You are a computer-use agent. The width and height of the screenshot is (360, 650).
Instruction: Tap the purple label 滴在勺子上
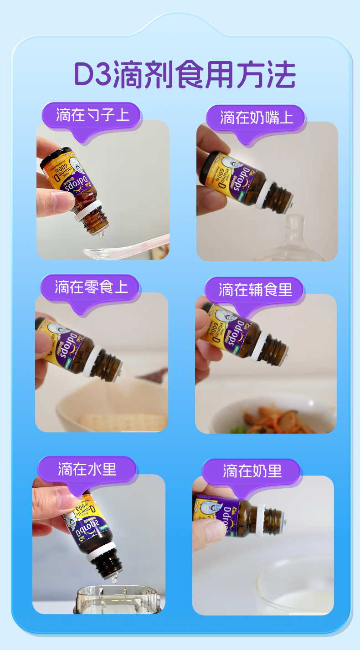(x=93, y=115)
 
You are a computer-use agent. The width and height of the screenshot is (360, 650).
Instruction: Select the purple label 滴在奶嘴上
(x=256, y=118)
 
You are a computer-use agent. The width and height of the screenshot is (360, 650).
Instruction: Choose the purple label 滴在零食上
(x=91, y=287)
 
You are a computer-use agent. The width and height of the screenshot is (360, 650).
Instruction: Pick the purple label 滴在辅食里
(x=255, y=290)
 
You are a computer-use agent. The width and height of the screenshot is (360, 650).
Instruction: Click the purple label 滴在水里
(x=87, y=469)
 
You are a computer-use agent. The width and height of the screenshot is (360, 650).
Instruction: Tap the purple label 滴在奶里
(x=252, y=471)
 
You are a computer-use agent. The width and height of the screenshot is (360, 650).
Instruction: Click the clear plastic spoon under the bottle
(x=123, y=248)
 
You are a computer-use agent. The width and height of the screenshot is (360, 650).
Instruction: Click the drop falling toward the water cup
(x=114, y=579)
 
